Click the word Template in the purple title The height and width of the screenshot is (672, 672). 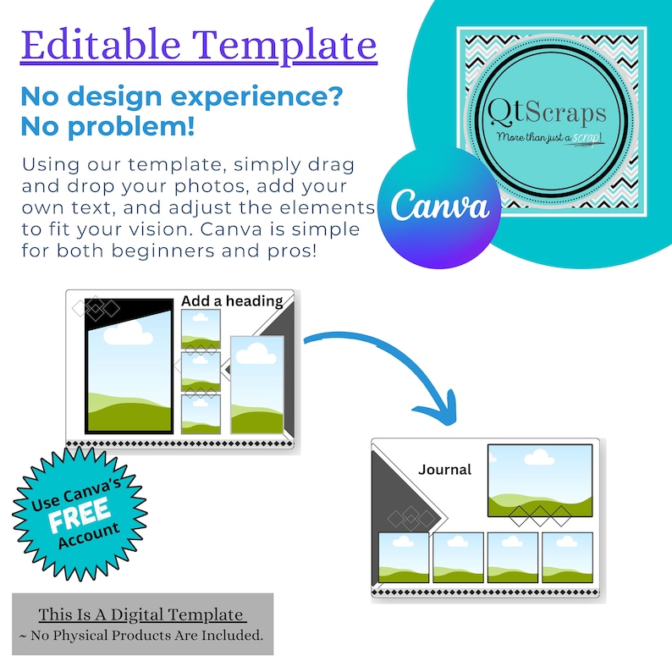[288, 44]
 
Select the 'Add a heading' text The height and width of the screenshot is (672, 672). [231, 300]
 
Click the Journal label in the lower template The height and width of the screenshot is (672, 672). [444, 469]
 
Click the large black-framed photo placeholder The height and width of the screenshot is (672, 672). [129, 372]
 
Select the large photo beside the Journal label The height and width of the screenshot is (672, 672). [540, 479]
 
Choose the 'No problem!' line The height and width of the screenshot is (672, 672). [107, 128]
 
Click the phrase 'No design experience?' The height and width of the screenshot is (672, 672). [181, 96]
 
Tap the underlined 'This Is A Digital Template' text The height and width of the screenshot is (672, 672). [141, 614]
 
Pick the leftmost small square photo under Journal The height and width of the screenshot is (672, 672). [404, 558]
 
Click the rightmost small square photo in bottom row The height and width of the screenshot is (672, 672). [567, 558]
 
